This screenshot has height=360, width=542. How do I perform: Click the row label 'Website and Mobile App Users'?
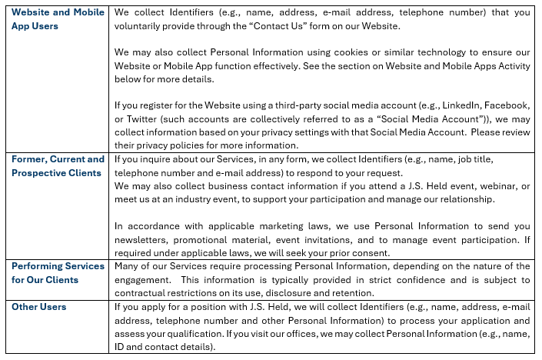point(56,19)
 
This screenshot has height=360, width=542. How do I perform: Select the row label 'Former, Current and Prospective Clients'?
point(58,166)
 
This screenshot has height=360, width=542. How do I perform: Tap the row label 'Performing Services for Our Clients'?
point(58,272)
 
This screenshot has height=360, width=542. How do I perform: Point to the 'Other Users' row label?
point(39,307)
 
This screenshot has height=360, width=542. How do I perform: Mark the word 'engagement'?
point(142,279)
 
